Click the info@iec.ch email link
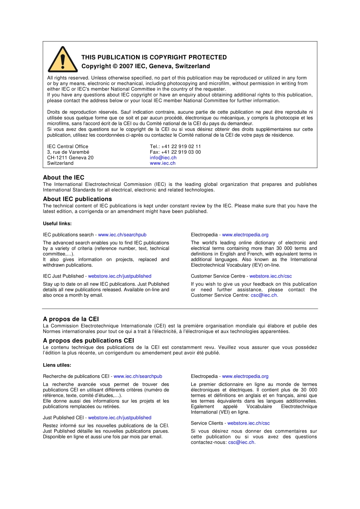pos(163,158)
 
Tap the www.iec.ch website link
pos(163,163)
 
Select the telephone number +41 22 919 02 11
pos(181,146)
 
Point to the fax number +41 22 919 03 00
pos(181,152)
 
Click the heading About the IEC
pos(64,177)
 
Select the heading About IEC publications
pos(77,199)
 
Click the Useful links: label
pos(57,223)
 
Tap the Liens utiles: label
pos(57,365)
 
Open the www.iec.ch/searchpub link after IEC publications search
pos(122,235)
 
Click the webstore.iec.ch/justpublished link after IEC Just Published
pos(120,276)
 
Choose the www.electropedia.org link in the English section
pos(245,235)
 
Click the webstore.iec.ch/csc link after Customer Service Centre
pos(271,276)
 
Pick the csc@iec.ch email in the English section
pos(264,295)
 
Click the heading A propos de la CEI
pos(71,319)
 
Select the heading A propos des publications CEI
pos(88,340)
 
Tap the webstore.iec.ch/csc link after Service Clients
pos(249,423)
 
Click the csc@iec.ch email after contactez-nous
pos(241,442)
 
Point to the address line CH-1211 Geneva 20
pos(70,158)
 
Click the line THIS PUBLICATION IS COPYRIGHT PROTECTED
pos(154,57)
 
